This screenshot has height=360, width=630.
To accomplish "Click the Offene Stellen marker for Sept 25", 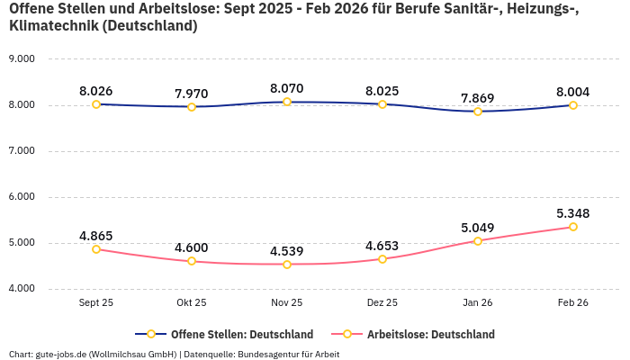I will pos(96,104).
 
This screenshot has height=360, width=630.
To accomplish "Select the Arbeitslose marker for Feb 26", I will pos(573,227).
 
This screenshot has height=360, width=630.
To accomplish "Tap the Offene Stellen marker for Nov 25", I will pos(287,102).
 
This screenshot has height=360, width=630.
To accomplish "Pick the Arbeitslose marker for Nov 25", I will pos(287,265).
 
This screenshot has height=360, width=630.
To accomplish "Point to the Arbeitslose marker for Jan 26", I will pos(478,241).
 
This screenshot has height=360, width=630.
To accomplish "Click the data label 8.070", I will pos(287,89).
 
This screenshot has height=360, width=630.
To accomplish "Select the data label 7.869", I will pos(478,98).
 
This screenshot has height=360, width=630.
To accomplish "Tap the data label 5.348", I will pos(573,213).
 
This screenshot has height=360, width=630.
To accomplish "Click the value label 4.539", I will pos(287,251).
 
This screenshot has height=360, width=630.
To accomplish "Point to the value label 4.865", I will pos(96,236).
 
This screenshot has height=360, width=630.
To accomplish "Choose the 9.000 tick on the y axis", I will pos(21,59).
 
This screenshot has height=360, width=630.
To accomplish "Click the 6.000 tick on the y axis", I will pos(21,197).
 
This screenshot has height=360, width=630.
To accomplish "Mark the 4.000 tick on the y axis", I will pos(21,289).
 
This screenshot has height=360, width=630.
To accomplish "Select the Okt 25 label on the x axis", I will pos(192,303).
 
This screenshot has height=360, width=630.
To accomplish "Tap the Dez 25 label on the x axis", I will pos(382,303).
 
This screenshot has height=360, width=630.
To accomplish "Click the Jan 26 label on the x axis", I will pos(478,303).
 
